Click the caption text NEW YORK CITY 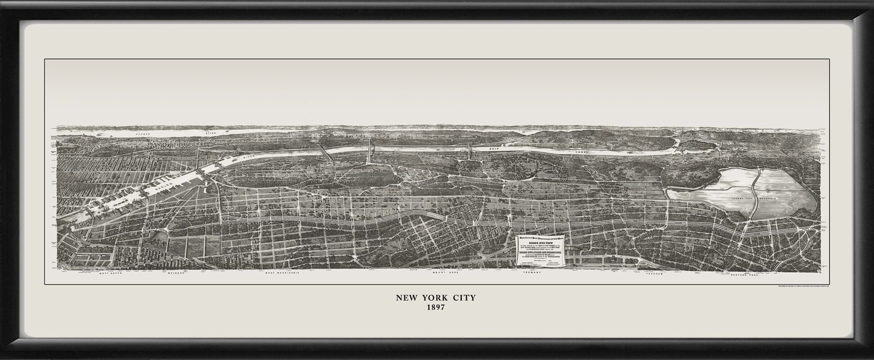pyautogui.click(x=435, y=298)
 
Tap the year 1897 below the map pyautogui.click(x=435, y=308)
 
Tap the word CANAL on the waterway pyautogui.click(x=582, y=153)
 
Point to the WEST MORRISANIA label pyautogui.click(x=282, y=273)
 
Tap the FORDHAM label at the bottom pyautogui.click(x=655, y=273)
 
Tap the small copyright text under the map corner pyautogui.click(x=802, y=286)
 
